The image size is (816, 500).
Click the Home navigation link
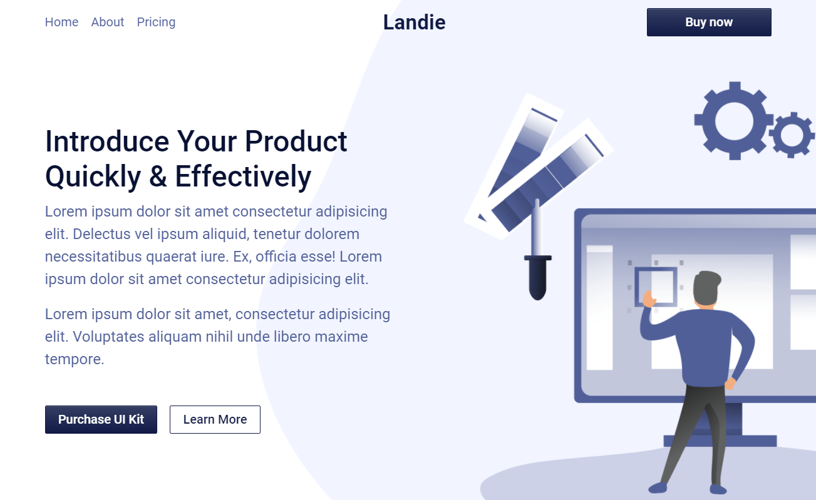click(x=61, y=22)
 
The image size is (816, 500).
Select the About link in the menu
click(x=108, y=22)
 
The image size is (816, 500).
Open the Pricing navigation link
click(x=156, y=22)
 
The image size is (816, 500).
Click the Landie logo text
click(x=414, y=23)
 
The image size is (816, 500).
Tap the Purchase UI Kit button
click(x=101, y=419)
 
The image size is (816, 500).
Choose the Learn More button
click(x=215, y=419)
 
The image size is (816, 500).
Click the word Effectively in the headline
click(x=243, y=176)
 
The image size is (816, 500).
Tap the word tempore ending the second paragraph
click(x=73, y=359)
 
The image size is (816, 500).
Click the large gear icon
click(x=733, y=120)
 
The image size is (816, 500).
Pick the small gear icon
click(x=792, y=135)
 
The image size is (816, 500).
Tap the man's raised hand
click(x=648, y=300)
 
